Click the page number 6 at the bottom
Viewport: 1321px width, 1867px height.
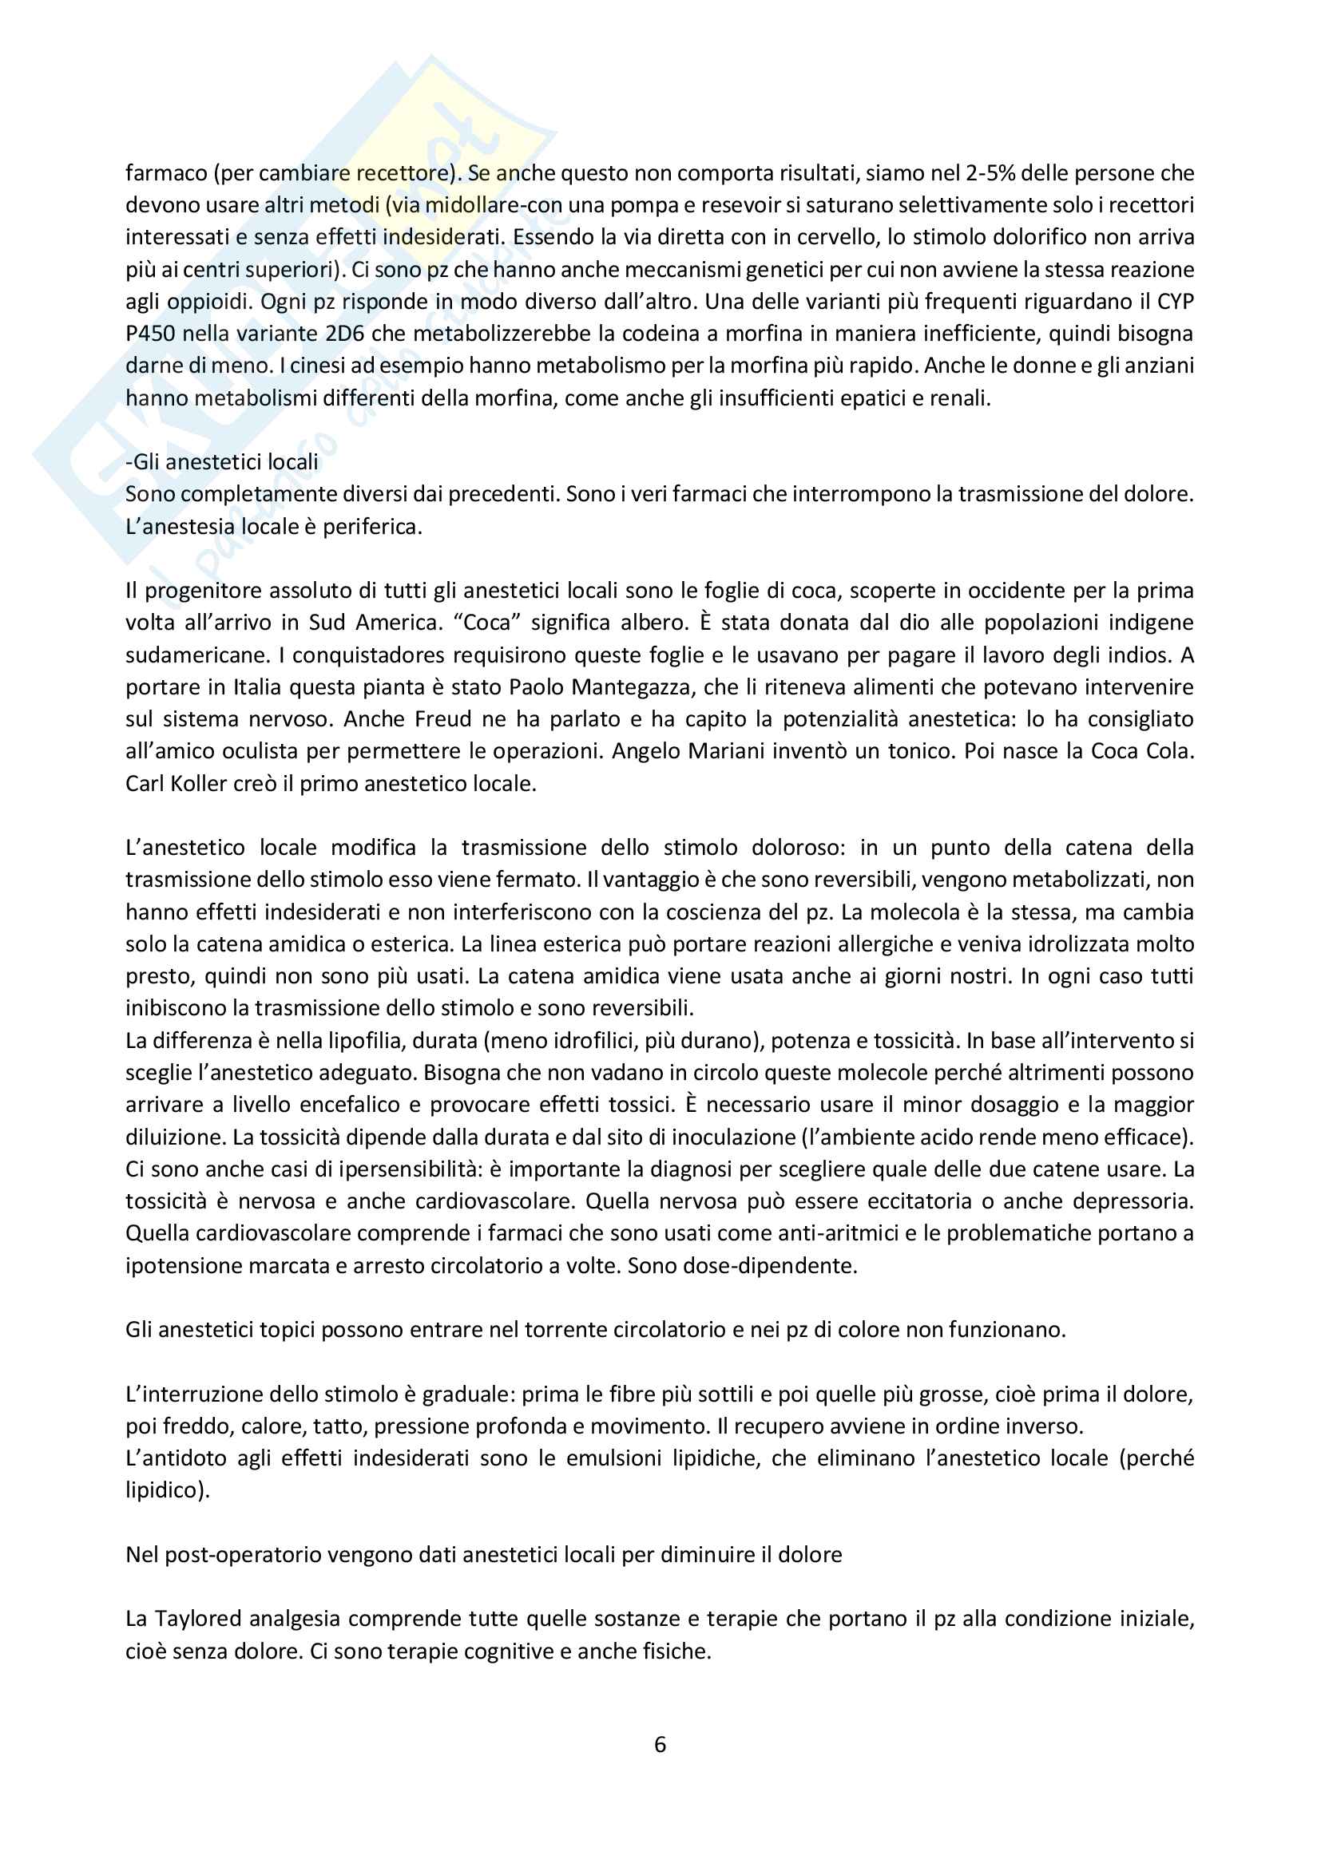tap(660, 1744)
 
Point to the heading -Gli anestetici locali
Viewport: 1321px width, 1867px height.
tap(222, 462)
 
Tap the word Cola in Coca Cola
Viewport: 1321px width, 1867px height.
tap(1170, 751)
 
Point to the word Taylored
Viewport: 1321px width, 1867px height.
tap(199, 1619)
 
